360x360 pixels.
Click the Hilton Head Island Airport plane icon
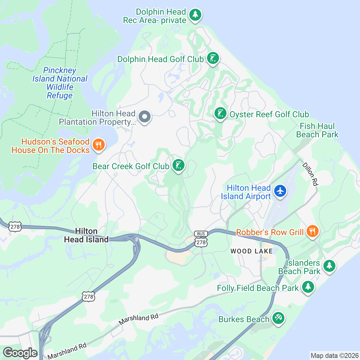280,191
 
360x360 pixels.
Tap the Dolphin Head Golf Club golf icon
213,58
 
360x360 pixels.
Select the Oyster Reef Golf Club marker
220,114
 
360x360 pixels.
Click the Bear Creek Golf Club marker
178,165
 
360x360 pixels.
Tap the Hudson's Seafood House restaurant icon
98,145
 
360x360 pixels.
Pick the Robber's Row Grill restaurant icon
313,231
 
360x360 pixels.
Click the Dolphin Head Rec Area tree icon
195,14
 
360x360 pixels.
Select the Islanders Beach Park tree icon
329,265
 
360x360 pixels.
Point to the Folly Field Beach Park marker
308,287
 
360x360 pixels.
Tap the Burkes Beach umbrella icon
278,318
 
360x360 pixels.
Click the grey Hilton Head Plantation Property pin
145,116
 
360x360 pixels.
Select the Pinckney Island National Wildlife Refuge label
60,83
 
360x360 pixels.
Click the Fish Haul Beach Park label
317,130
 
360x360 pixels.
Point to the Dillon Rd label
310,174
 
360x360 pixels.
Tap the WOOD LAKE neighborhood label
251,251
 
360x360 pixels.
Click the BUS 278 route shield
201,239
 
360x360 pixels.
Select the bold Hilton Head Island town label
86,235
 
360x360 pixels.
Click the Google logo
20,353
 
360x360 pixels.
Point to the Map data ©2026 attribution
334,356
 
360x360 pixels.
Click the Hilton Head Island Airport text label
246,192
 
